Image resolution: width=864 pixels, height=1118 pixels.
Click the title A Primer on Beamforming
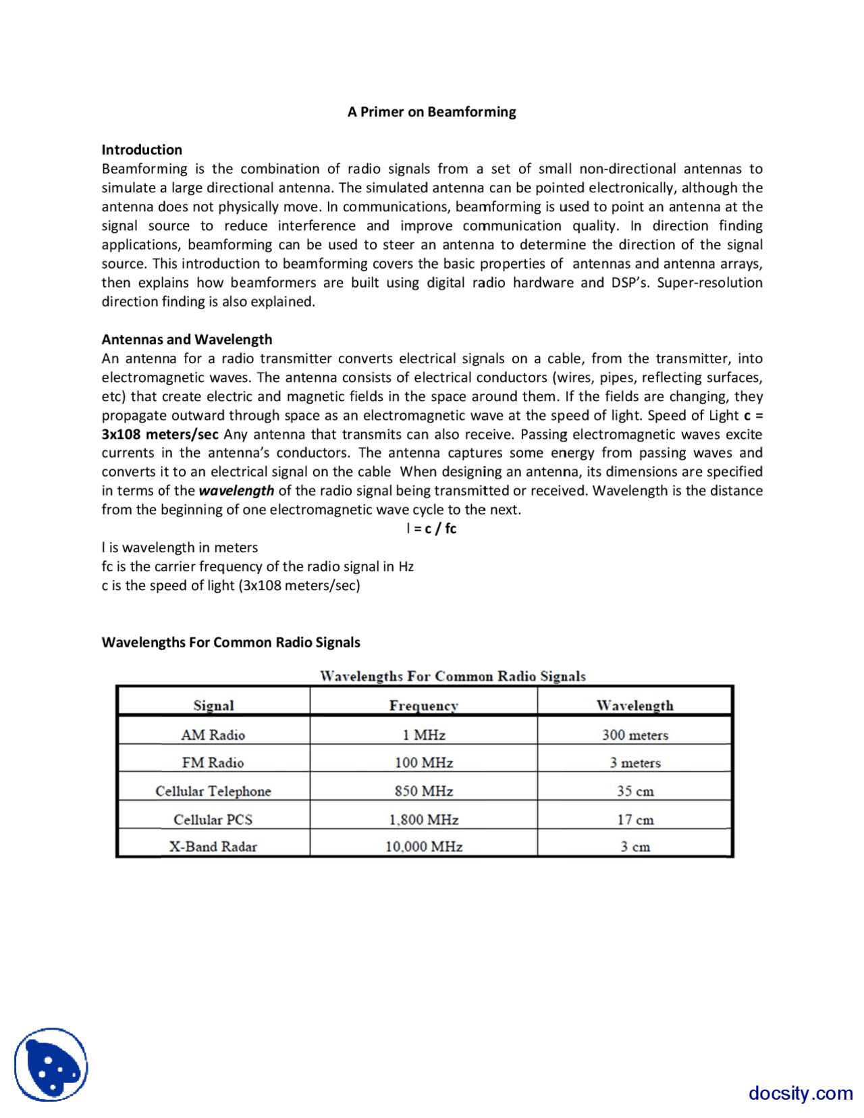[431, 112]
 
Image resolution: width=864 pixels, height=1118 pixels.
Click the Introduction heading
[142, 150]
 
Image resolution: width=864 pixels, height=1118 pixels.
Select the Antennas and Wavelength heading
[187, 340]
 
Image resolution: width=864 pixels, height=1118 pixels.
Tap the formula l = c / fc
[431, 529]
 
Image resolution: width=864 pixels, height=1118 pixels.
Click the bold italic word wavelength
[236, 491]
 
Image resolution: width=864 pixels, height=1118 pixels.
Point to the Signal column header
[213, 706]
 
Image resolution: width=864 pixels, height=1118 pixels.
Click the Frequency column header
[423, 706]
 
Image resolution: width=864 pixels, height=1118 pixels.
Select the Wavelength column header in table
[634, 706]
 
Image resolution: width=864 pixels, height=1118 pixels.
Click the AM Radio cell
[213, 735]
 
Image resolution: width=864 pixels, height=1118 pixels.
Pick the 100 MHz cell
[423, 763]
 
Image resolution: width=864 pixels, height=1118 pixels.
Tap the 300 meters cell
[634, 735]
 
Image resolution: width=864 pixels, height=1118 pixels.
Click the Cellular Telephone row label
[213, 791]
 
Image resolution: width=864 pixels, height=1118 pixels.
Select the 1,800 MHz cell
[423, 820]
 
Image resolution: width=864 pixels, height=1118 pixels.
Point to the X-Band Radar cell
[213, 847]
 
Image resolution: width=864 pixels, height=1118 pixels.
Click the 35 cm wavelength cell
[634, 791]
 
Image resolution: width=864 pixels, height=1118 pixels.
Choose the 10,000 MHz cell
[423, 847]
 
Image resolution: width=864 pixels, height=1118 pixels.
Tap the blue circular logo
[51, 1065]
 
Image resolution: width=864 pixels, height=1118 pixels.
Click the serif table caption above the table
[452, 676]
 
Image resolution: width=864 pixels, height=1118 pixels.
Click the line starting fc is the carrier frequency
[257, 566]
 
